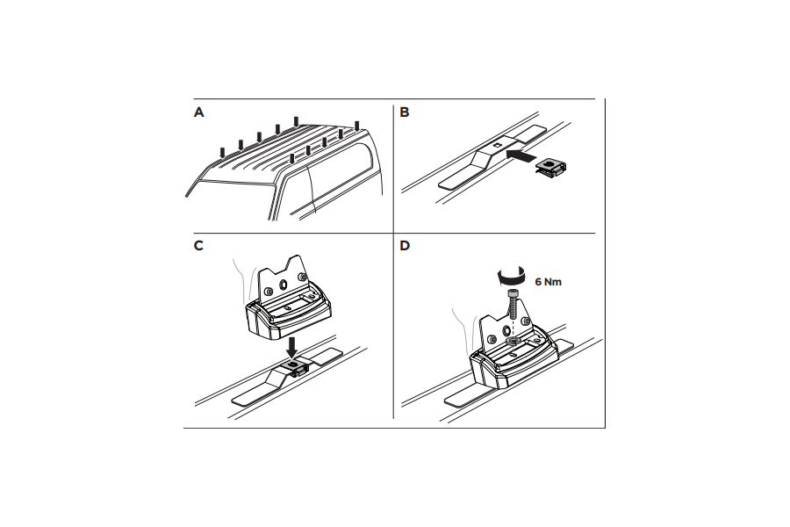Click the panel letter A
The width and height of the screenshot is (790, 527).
199,112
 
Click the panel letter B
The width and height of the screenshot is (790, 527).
404,112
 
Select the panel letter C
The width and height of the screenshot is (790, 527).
198,246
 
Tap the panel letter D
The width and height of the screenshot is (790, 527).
405,246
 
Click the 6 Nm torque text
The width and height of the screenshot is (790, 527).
548,282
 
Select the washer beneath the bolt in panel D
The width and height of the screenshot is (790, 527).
513,342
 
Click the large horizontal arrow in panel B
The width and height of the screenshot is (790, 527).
520,155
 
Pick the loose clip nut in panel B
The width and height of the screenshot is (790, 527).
551,168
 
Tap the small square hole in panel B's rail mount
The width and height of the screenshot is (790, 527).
498,145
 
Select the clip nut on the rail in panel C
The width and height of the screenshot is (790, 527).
293,366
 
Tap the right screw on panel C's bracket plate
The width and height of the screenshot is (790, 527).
303,277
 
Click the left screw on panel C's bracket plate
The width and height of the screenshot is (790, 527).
269,291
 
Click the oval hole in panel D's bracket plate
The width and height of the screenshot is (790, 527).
506,330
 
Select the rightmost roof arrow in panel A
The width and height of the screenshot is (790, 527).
357,126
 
